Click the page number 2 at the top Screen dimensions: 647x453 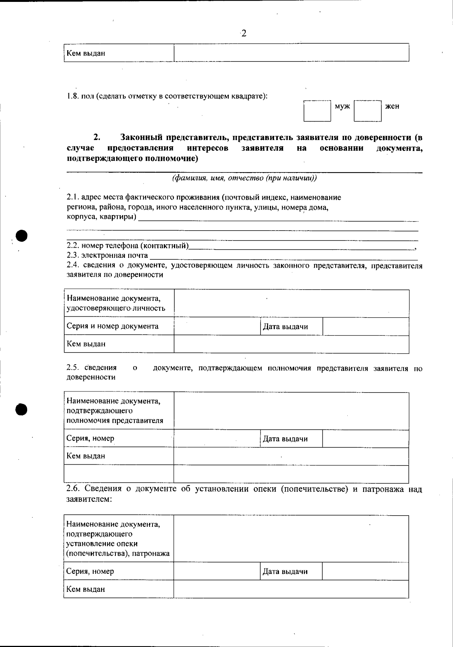[243, 34]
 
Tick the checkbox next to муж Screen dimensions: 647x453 [317, 111]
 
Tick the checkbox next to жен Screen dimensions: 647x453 [367, 111]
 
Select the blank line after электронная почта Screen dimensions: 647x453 [283, 257]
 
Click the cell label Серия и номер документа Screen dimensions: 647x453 [112, 326]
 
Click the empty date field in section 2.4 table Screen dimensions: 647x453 [365, 327]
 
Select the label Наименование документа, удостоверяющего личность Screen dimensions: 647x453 [116, 303]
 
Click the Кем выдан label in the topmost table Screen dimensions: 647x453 [86, 53]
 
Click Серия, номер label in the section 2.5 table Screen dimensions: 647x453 [90, 438]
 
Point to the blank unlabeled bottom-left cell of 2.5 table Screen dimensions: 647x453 [119, 474]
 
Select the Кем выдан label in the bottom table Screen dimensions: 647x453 [86, 589]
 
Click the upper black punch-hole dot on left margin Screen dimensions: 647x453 [22, 235]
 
